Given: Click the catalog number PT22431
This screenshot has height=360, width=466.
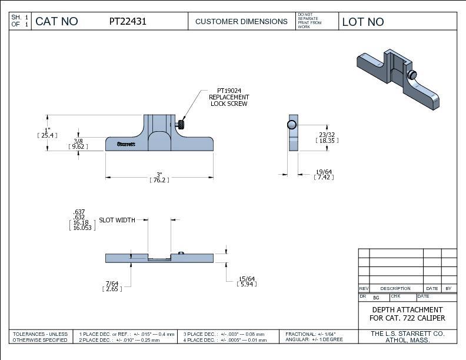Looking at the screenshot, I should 128,22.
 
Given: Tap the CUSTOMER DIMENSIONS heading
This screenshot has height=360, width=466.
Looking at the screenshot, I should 241,22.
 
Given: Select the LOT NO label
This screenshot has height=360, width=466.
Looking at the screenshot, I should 362,22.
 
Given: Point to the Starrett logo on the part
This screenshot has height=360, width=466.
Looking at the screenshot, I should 126,144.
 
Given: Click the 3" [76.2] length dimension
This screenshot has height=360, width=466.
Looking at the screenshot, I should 159,178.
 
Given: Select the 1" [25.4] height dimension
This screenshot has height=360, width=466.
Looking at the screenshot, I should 47,132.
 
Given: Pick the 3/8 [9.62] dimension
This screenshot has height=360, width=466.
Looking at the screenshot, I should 78,144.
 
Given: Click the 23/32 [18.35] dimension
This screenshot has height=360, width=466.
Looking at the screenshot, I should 327,138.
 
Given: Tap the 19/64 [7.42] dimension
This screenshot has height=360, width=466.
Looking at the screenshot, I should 324,174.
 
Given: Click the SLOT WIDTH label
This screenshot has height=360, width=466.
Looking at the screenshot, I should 116,220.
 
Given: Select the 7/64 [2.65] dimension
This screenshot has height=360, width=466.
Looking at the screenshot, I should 112,286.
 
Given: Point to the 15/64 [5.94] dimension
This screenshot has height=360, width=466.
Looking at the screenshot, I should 247,281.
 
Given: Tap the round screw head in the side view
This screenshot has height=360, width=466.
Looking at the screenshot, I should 291,124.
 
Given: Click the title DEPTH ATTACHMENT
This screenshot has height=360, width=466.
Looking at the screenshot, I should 407,309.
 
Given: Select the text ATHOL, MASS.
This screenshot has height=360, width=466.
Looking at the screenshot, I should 407,341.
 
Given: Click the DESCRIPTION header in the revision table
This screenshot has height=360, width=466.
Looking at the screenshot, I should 395,288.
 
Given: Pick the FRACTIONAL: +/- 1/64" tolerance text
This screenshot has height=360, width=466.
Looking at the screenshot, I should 311,334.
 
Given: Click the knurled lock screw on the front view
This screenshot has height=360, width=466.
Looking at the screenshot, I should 181,124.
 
